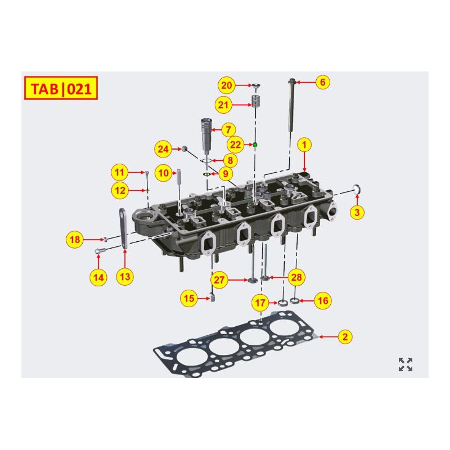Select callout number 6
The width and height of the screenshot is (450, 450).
(x=322, y=82)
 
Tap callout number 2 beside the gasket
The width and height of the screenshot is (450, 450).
(x=345, y=337)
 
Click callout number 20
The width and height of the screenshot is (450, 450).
(x=227, y=85)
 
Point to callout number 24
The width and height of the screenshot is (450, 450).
(x=163, y=150)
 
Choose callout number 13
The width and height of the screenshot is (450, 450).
(x=125, y=276)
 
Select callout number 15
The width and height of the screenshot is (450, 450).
(x=188, y=299)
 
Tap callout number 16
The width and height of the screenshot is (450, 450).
(x=322, y=301)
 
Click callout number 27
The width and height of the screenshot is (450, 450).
(x=219, y=280)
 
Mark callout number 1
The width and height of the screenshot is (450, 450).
(x=304, y=145)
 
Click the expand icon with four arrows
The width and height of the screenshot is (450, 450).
(x=406, y=364)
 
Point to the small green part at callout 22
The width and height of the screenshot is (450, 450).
(x=255, y=145)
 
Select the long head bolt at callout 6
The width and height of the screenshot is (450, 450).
(x=292, y=107)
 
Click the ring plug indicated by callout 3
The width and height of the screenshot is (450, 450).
(x=356, y=187)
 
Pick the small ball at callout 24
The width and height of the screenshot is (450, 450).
(x=183, y=148)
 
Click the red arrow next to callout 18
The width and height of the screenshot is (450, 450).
(x=92, y=240)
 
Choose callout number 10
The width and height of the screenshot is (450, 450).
(x=163, y=173)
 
